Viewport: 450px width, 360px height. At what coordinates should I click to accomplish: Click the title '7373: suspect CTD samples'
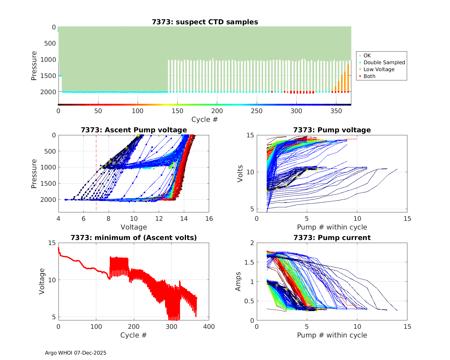(x=205, y=22)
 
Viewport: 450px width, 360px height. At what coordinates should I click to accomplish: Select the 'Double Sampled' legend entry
(x=384, y=62)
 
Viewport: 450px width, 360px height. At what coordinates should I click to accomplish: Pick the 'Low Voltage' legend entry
(x=379, y=69)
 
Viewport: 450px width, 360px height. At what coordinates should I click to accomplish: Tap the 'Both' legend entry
(x=369, y=76)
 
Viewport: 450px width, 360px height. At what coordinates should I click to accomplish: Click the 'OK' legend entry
(x=367, y=55)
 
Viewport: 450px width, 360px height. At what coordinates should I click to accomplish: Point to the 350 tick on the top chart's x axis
(x=336, y=111)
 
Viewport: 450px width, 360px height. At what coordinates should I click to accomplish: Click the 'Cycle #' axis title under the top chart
(x=205, y=119)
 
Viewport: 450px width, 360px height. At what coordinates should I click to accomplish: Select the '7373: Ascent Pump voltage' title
(x=134, y=130)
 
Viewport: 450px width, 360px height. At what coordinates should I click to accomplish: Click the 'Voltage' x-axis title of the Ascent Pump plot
(x=134, y=227)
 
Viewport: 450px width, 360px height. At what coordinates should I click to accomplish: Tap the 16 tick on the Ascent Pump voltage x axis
(x=209, y=219)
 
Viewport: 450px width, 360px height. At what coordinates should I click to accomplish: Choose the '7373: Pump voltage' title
(x=332, y=130)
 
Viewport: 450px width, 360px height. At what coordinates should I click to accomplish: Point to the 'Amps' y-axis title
(x=238, y=281)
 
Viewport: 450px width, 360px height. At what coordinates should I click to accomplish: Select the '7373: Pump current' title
(x=332, y=238)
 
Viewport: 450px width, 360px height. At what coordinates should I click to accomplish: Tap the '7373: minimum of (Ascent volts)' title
(x=134, y=238)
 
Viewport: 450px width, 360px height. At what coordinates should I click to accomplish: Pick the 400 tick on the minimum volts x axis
(x=209, y=327)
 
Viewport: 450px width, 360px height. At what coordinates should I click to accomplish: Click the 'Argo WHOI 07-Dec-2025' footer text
(x=76, y=353)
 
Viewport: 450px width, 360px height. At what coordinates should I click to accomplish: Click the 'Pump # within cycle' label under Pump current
(x=332, y=335)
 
